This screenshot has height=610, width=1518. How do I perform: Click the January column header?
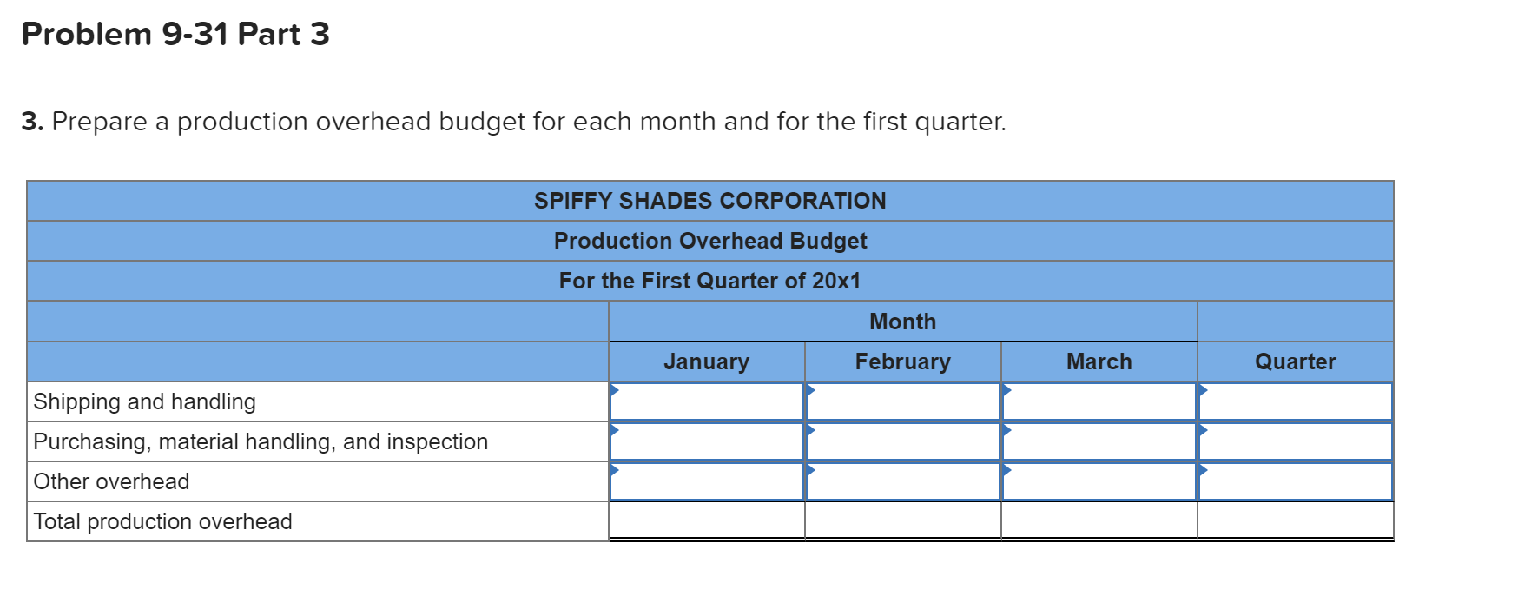706,361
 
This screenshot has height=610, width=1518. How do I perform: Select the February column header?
902,361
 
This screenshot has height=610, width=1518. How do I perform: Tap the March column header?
1099,361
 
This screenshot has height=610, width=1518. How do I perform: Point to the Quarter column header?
1295,361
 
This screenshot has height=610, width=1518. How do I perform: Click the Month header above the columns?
902,322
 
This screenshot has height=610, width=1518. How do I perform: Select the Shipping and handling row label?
144,401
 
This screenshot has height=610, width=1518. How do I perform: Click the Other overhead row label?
111,481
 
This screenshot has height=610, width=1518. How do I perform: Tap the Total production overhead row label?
162,521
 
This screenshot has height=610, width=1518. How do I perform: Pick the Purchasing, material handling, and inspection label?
261,441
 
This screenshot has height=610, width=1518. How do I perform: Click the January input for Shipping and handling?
707,401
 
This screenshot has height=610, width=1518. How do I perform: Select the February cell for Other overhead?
903,481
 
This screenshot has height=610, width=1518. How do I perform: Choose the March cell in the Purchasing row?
1099,441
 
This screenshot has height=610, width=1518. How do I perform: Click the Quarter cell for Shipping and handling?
1296,401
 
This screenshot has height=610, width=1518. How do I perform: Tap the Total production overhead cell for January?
707,521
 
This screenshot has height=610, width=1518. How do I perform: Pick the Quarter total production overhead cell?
1296,521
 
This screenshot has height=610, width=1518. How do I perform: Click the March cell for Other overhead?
1099,481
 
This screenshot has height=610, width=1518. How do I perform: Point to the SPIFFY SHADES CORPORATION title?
710,201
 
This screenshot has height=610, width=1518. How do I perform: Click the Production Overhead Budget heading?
710,241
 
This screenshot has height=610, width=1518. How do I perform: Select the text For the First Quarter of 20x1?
709,281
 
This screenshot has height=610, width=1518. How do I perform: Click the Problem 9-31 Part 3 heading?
175,34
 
